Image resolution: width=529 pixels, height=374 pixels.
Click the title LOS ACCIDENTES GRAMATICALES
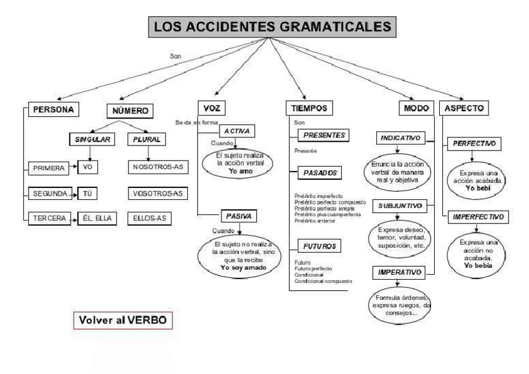click(x=273, y=27)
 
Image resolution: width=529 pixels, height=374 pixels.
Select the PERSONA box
click(x=52, y=109)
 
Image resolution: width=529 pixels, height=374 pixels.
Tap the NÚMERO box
click(x=130, y=111)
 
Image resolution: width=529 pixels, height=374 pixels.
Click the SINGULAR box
click(x=92, y=140)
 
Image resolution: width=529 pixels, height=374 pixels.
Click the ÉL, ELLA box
click(x=97, y=219)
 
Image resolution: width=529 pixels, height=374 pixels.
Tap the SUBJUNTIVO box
click(x=399, y=205)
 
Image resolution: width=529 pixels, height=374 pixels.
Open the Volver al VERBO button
click(x=122, y=320)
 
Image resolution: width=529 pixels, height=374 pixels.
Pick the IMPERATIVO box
click(x=399, y=272)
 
